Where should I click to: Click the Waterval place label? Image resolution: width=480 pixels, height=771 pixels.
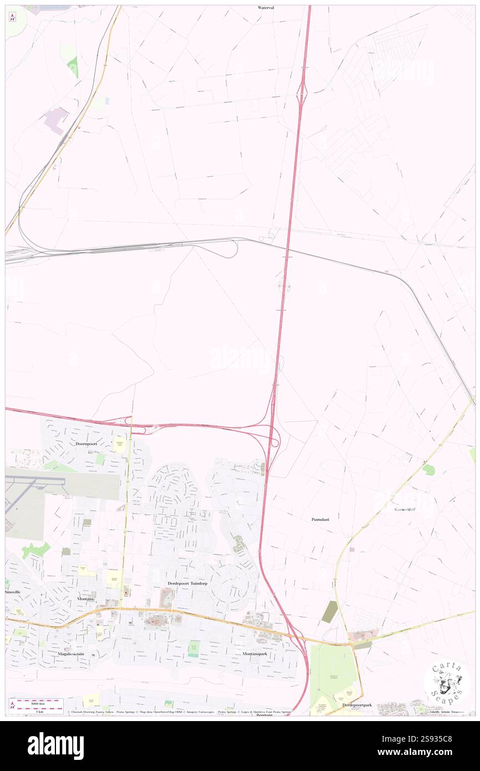point(266,8)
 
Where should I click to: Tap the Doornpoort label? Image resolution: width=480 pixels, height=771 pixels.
point(90,444)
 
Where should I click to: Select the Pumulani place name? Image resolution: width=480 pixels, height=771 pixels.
point(321,520)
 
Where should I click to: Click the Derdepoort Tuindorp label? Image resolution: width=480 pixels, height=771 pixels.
point(187,584)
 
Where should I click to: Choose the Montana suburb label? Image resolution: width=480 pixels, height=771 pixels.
point(85,599)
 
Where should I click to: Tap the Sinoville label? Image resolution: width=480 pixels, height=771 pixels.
point(13,592)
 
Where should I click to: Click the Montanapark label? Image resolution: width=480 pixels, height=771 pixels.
point(256,654)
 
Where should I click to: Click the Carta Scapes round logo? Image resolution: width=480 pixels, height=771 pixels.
point(447,683)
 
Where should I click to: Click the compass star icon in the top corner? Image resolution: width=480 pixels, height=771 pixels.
point(12,18)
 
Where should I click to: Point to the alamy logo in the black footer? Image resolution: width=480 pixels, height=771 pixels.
point(55,746)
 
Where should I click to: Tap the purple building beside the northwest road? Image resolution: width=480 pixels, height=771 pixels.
point(57,119)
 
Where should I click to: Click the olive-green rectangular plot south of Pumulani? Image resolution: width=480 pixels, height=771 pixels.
point(329,611)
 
